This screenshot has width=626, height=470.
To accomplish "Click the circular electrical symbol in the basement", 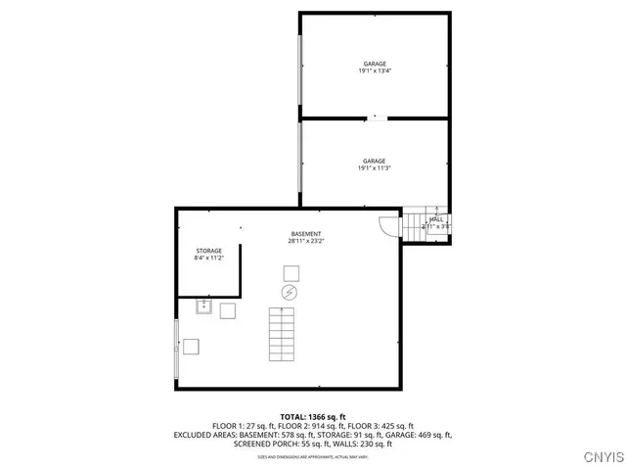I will (x=290, y=293).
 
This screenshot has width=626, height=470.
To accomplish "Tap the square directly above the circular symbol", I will (x=291, y=272).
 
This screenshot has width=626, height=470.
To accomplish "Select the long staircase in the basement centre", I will (x=282, y=332).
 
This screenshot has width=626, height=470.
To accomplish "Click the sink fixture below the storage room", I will (x=204, y=307).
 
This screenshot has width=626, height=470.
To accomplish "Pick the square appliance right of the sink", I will (x=228, y=310).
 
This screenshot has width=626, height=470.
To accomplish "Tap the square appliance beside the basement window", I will (x=192, y=346).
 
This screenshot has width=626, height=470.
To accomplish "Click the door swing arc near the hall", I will (x=389, y=226).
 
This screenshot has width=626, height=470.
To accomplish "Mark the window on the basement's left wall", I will (x=177, y=347).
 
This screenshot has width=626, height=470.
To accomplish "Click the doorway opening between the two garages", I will (x=376, y=118).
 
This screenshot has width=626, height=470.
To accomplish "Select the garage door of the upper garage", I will (x=301, y=66).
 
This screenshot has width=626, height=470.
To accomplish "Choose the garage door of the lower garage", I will (x=301, y=163).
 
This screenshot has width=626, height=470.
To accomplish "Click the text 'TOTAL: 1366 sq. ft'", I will (x=312, y=416).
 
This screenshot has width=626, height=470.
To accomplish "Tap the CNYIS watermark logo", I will (x=599, y=456).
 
